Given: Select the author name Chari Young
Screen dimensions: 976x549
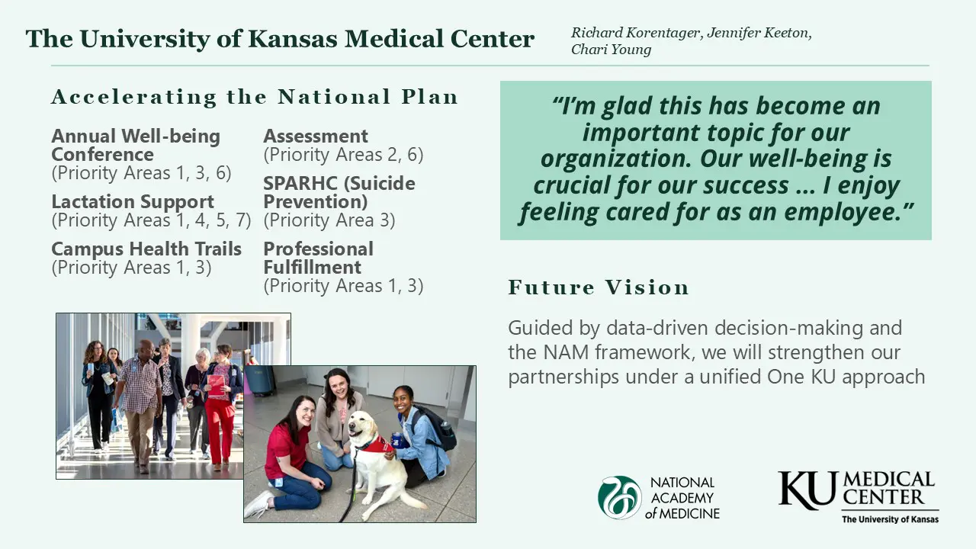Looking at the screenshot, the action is click(x=611, y=50).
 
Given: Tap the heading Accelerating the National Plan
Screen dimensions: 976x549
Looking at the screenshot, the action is click(x=255, y=97).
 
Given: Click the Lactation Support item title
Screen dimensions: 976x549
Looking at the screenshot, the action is click(x=133, y=202).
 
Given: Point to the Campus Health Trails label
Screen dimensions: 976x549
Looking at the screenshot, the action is click(x=146, y=249).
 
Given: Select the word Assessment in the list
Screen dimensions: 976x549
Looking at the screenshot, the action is click(x=316, y=136).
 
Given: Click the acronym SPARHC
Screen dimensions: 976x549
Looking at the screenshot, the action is click(x=297, y=184).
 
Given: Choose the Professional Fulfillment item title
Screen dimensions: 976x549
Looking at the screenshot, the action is click(x=319, y=258).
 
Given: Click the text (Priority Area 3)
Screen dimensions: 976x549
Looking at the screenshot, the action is click(x=329, y=220).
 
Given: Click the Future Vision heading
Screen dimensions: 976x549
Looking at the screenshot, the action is click(x=599, y=287).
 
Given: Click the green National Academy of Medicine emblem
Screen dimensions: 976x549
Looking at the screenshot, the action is click(x=619, y=497).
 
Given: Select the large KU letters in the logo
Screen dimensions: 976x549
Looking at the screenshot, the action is click(x=809, y=490).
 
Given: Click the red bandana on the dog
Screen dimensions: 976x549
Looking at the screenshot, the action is click(x=374, y=445).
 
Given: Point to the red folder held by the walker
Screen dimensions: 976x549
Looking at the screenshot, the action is click(x=216, y=386).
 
